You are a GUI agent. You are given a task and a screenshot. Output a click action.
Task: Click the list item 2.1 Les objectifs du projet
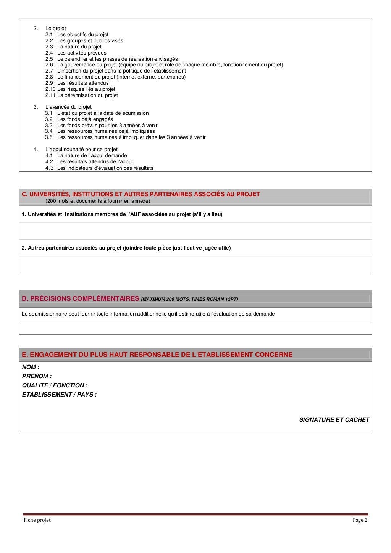(x=82, y=35)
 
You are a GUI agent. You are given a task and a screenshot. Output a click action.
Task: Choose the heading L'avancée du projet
(x=68, y=107)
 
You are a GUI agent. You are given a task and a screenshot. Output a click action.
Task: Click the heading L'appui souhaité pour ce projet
(x=81, y=150)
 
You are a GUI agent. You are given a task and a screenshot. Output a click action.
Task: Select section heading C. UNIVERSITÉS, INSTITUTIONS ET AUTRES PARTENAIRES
(x=141, y=194)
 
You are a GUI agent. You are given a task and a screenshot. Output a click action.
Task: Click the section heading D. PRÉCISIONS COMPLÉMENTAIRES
(x=80, y=299)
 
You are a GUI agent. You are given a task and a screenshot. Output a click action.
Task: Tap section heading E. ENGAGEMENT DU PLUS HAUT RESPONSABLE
(x=157, y=355)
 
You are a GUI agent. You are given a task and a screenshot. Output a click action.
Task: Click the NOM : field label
(x=31, y=367)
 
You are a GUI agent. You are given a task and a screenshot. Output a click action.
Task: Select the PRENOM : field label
(x=37, y=376)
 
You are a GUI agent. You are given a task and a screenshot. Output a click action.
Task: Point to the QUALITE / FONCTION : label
(x=55, y=385)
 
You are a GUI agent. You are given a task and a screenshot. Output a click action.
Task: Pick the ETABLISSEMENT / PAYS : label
(x=59, y=395)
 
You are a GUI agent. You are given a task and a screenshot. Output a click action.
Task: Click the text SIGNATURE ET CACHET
(x=334, y=420)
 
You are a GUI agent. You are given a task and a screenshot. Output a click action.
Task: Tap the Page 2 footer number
(x=360, y=520)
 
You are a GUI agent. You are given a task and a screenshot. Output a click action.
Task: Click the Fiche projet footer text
(x=37, y=520)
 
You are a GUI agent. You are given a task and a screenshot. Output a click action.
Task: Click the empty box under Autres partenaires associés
(x=195, y=264)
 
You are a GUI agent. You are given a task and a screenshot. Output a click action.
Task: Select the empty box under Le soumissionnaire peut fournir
(x=195, y=327)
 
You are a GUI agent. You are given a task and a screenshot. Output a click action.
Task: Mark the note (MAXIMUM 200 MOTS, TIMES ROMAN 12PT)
(x=189, y=299)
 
